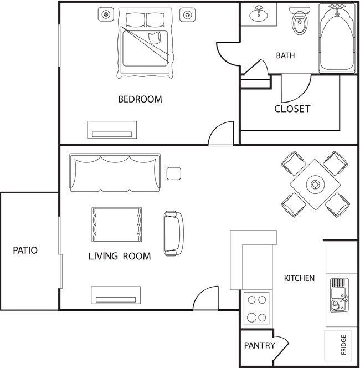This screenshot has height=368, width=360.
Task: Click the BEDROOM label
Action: pos(140,100)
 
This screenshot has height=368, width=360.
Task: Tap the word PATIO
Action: pos(25,251)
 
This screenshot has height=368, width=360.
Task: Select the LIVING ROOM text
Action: pos(119,257)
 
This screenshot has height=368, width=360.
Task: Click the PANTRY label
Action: pos(260,346)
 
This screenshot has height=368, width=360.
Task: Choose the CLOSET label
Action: pos(292,109)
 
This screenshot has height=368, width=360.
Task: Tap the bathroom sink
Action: pos(258,13)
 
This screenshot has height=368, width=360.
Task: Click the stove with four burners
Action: pos(256,309)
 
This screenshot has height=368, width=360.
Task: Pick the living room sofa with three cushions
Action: pos(115,172)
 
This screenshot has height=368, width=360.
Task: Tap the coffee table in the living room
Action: pos(116,224)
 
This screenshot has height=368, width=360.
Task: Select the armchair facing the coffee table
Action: pos(173,233)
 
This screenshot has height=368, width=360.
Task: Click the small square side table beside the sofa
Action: pos(174,174)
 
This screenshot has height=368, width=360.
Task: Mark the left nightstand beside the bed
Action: pos(105,14)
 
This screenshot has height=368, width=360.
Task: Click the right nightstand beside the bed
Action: pos(189,14)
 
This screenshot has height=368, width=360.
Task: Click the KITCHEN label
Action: pos(299,278)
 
